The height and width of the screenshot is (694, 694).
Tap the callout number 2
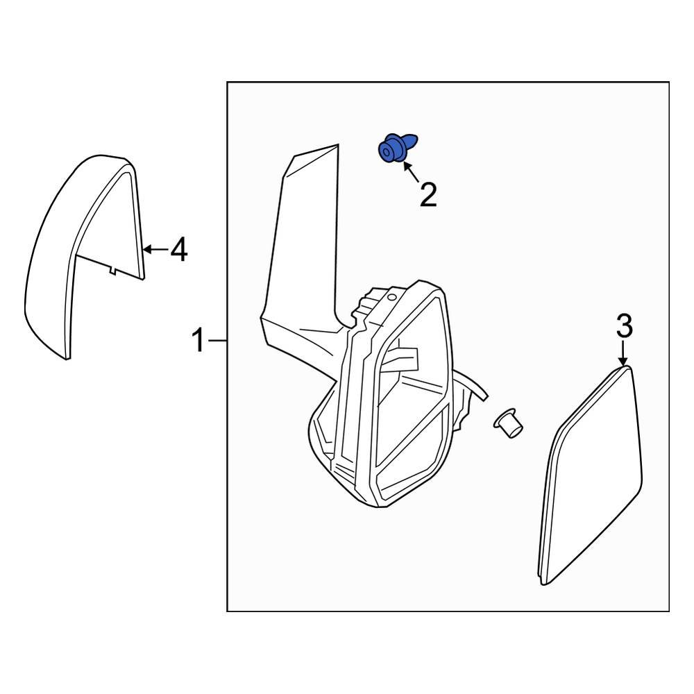428,196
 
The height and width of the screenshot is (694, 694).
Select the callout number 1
198,341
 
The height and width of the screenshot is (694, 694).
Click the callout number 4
179,249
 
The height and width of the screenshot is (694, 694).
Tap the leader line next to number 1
218,341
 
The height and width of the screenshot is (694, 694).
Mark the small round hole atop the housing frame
392,297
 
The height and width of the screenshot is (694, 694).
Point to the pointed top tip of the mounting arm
336,146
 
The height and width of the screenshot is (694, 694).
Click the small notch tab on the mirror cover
111,271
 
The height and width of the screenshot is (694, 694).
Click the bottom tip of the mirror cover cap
67,357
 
